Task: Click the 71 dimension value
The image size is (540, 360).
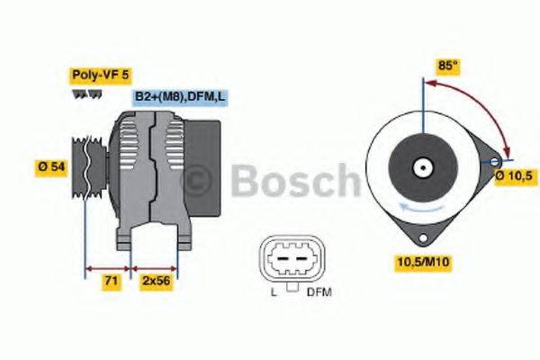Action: click(112, 282)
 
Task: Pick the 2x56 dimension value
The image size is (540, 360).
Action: click(156, 282)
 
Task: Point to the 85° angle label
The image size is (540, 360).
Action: click(448, 66)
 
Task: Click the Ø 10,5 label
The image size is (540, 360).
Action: click(514, 177)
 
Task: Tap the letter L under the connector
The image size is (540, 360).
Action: click(273, 292)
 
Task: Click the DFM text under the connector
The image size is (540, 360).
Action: click(319, 292)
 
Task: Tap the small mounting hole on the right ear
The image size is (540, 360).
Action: click(494, 162)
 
